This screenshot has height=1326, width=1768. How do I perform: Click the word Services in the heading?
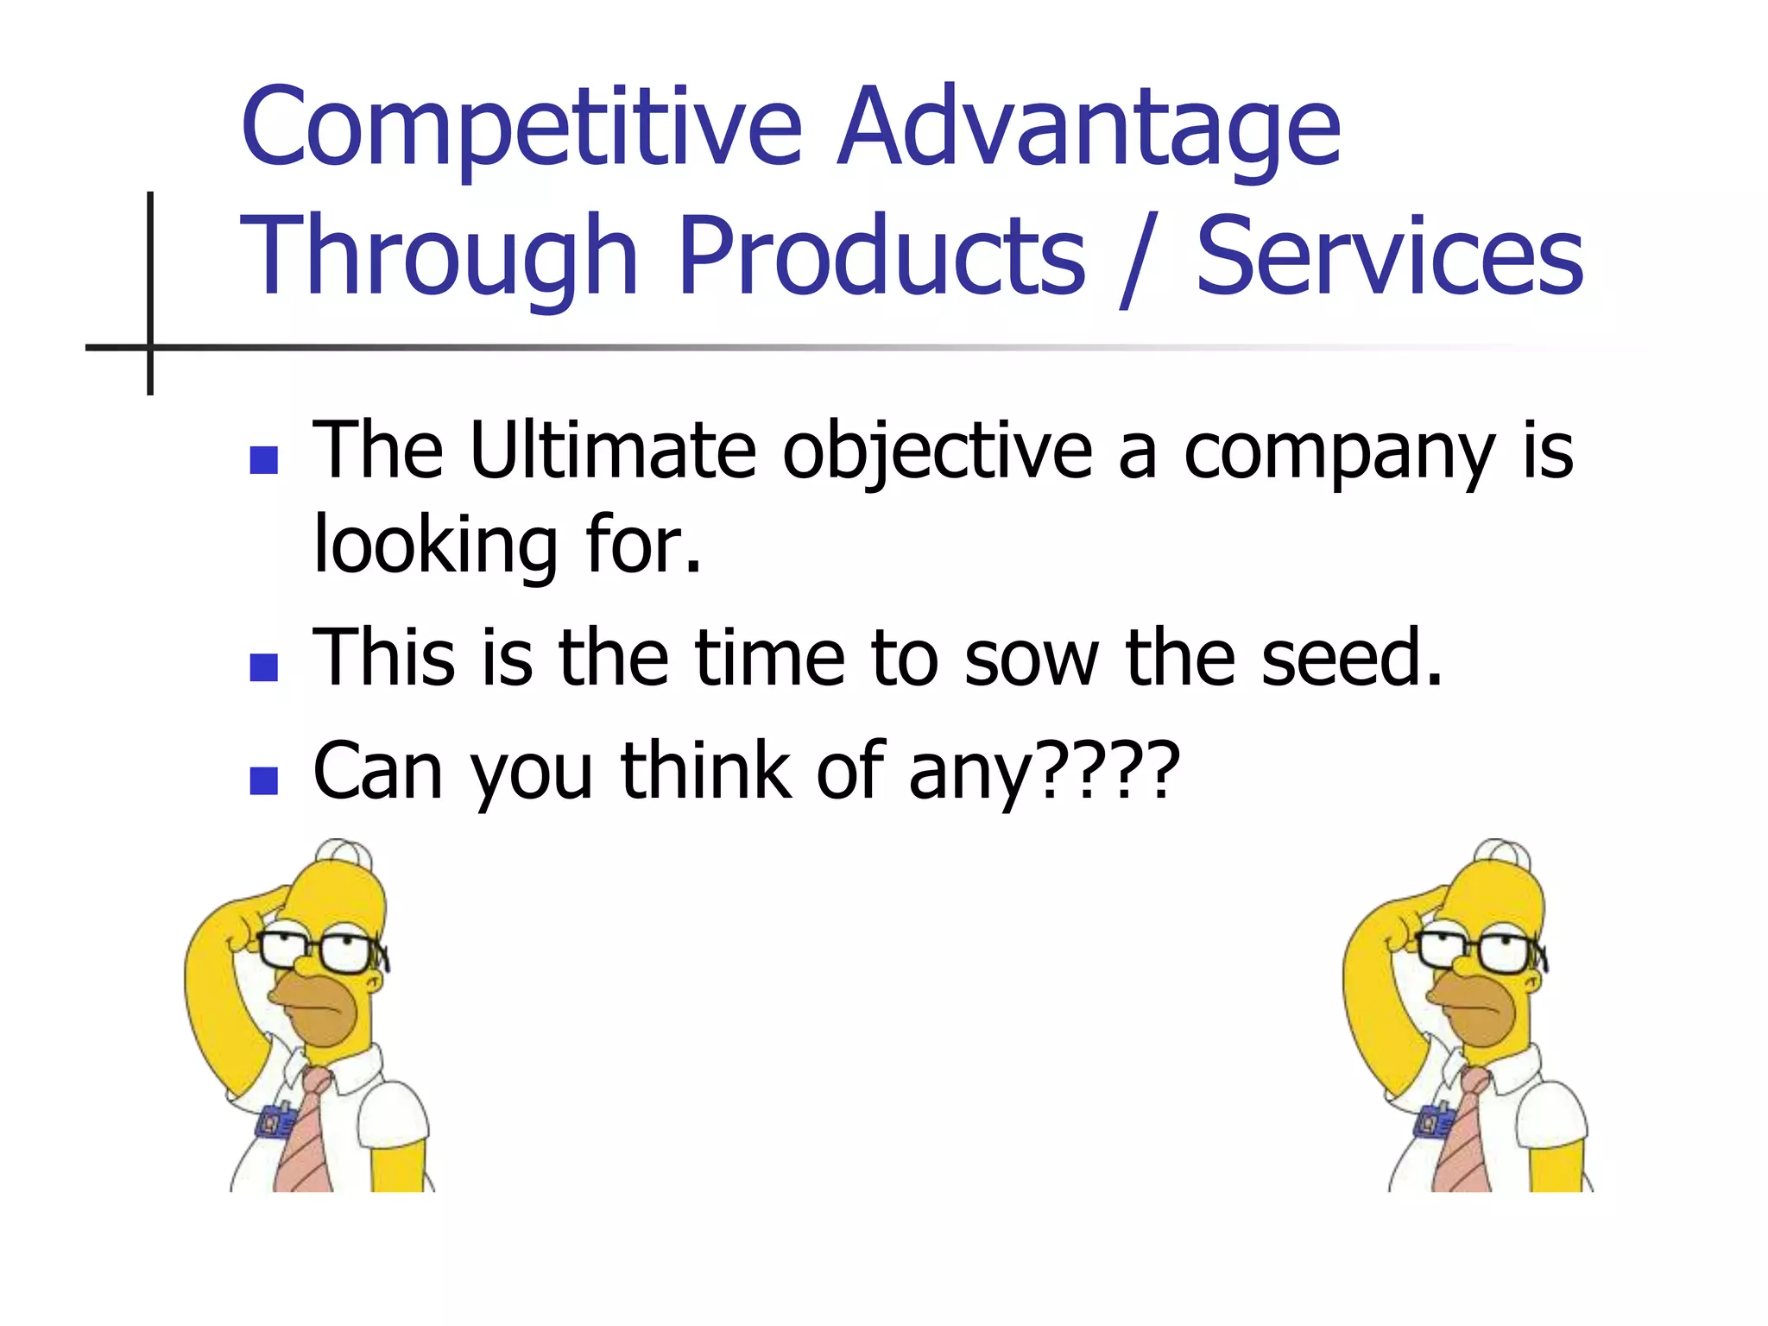coord(1390,256)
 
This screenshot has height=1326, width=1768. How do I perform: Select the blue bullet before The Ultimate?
coord(263,460)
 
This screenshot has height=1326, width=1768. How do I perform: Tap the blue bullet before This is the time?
coord(263,666)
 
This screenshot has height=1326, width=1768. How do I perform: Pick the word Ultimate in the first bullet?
coord(613,451)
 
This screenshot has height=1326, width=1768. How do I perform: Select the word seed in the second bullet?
coord(1351,658)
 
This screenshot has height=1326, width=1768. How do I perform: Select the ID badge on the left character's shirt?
coord(276,1121)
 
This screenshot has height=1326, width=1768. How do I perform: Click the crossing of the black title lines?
coord(150,347)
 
